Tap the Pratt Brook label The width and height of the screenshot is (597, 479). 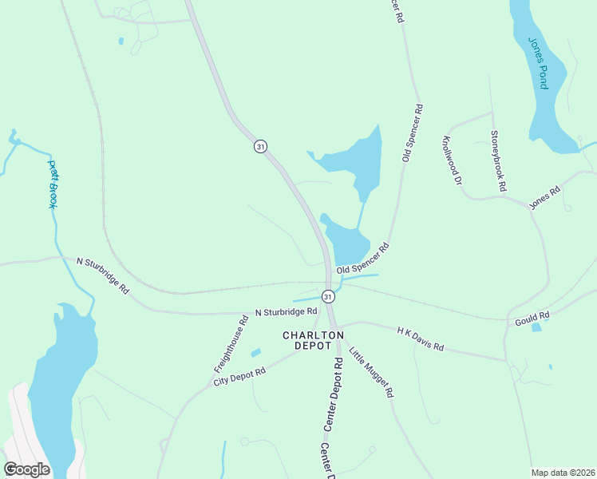(53, 184)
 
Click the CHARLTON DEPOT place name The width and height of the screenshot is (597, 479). (313, 341)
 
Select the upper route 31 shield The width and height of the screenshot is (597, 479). (260, 146)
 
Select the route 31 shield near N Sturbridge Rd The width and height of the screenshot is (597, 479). (328, 296)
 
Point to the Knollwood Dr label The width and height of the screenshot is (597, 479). (452, 160)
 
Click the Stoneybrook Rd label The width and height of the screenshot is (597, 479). (499, 161)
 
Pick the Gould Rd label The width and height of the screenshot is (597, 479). (532, 317)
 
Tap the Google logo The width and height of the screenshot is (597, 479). (26, 469)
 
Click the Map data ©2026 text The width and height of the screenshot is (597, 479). (563, 472)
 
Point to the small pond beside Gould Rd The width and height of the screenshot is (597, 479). (536, 327)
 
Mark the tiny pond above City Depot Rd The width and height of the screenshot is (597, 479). (255, 352)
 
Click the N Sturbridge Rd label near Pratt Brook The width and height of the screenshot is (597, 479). (102, 274)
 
